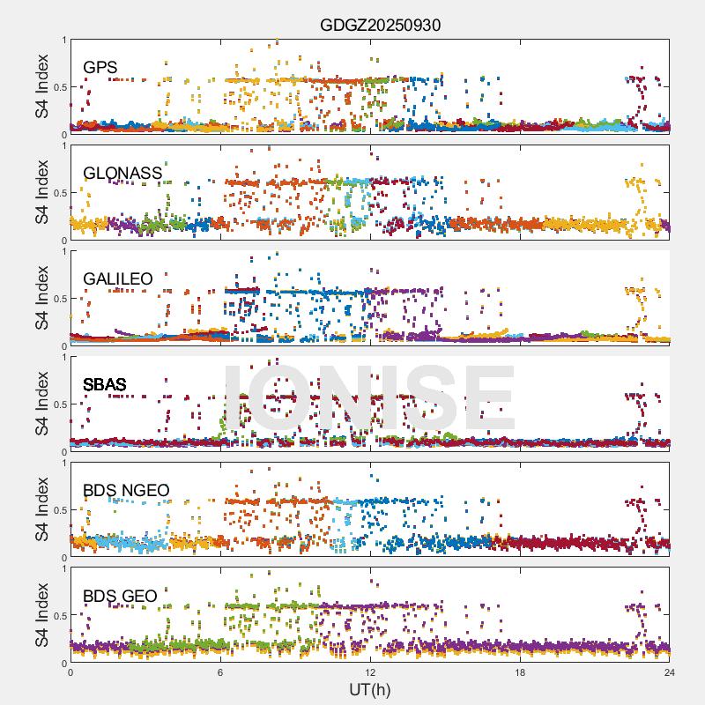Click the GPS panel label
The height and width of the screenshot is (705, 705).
tap(100, 67)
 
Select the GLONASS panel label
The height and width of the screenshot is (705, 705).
tap(122, 173)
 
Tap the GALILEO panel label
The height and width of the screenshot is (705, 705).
tap(117, 278)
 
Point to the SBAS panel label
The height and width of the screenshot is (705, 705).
tap(104, 384)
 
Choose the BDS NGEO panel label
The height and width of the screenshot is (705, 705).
tap(125, 490)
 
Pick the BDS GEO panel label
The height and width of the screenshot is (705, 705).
tap(120, 596)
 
